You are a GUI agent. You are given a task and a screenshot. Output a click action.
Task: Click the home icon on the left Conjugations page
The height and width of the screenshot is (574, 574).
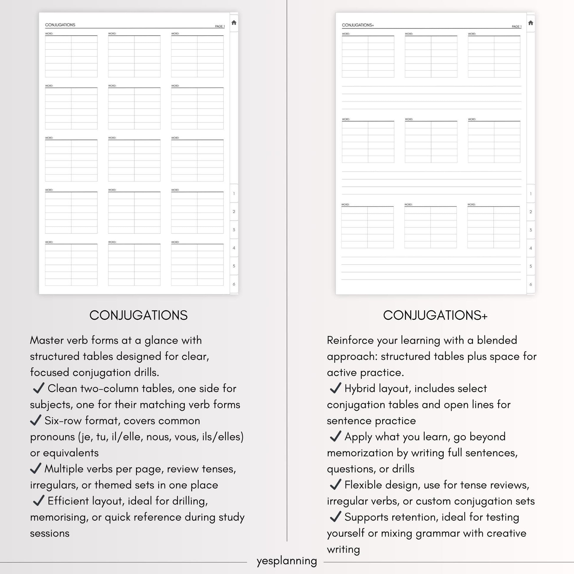[234, 23]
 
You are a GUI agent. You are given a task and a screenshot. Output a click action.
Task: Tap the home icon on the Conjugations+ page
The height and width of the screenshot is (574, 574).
[531, 23]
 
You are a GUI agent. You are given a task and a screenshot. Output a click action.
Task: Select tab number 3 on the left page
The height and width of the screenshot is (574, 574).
[234, 230]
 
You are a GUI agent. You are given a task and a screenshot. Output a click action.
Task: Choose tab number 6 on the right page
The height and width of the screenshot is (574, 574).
[531, 284]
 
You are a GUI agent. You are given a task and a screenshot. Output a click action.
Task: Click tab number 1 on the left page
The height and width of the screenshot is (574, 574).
[234, 193]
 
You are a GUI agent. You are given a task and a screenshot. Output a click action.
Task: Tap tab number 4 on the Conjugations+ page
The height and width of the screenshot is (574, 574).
[531, 248]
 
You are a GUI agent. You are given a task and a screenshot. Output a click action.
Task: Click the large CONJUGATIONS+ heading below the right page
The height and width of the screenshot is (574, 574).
[435, 315]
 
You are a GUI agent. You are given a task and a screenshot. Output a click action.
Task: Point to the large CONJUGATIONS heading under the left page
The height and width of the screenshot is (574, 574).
[138, 315]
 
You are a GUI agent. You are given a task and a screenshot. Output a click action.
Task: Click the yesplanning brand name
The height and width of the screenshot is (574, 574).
[287, 561]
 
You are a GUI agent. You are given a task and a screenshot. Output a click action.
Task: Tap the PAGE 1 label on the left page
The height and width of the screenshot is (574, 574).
[220, 27]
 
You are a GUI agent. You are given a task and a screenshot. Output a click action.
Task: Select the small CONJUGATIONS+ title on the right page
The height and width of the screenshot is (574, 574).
[358, 25]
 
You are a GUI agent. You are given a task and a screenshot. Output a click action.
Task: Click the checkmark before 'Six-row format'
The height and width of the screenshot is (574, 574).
[36, 420]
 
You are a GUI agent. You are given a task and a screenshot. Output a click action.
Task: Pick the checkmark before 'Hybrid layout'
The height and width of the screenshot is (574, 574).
[335, 388]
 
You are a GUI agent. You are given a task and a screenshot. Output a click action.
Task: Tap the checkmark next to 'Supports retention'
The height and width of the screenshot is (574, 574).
[335, 517]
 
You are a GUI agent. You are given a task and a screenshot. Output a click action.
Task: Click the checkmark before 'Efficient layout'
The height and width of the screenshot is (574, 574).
[39, 501]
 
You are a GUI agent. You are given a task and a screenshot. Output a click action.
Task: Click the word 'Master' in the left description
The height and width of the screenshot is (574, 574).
[47, 340]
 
